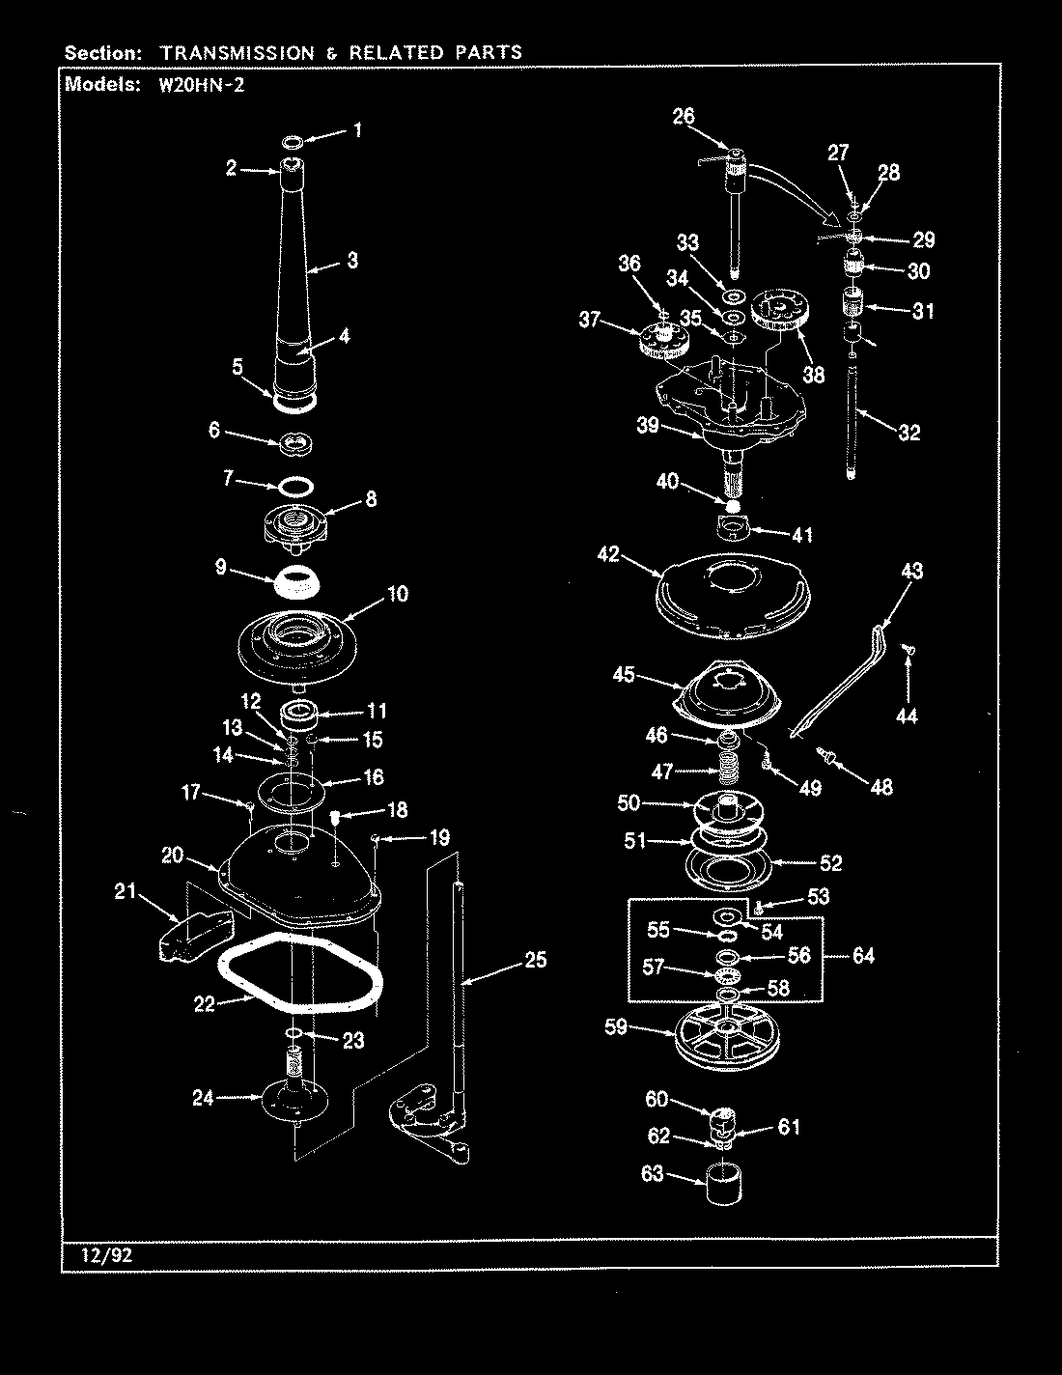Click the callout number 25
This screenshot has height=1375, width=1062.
[535, 959]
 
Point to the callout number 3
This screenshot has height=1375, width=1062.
[351, 260]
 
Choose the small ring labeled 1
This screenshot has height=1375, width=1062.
[293, 143]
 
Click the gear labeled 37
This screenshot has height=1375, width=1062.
[663, 342]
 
